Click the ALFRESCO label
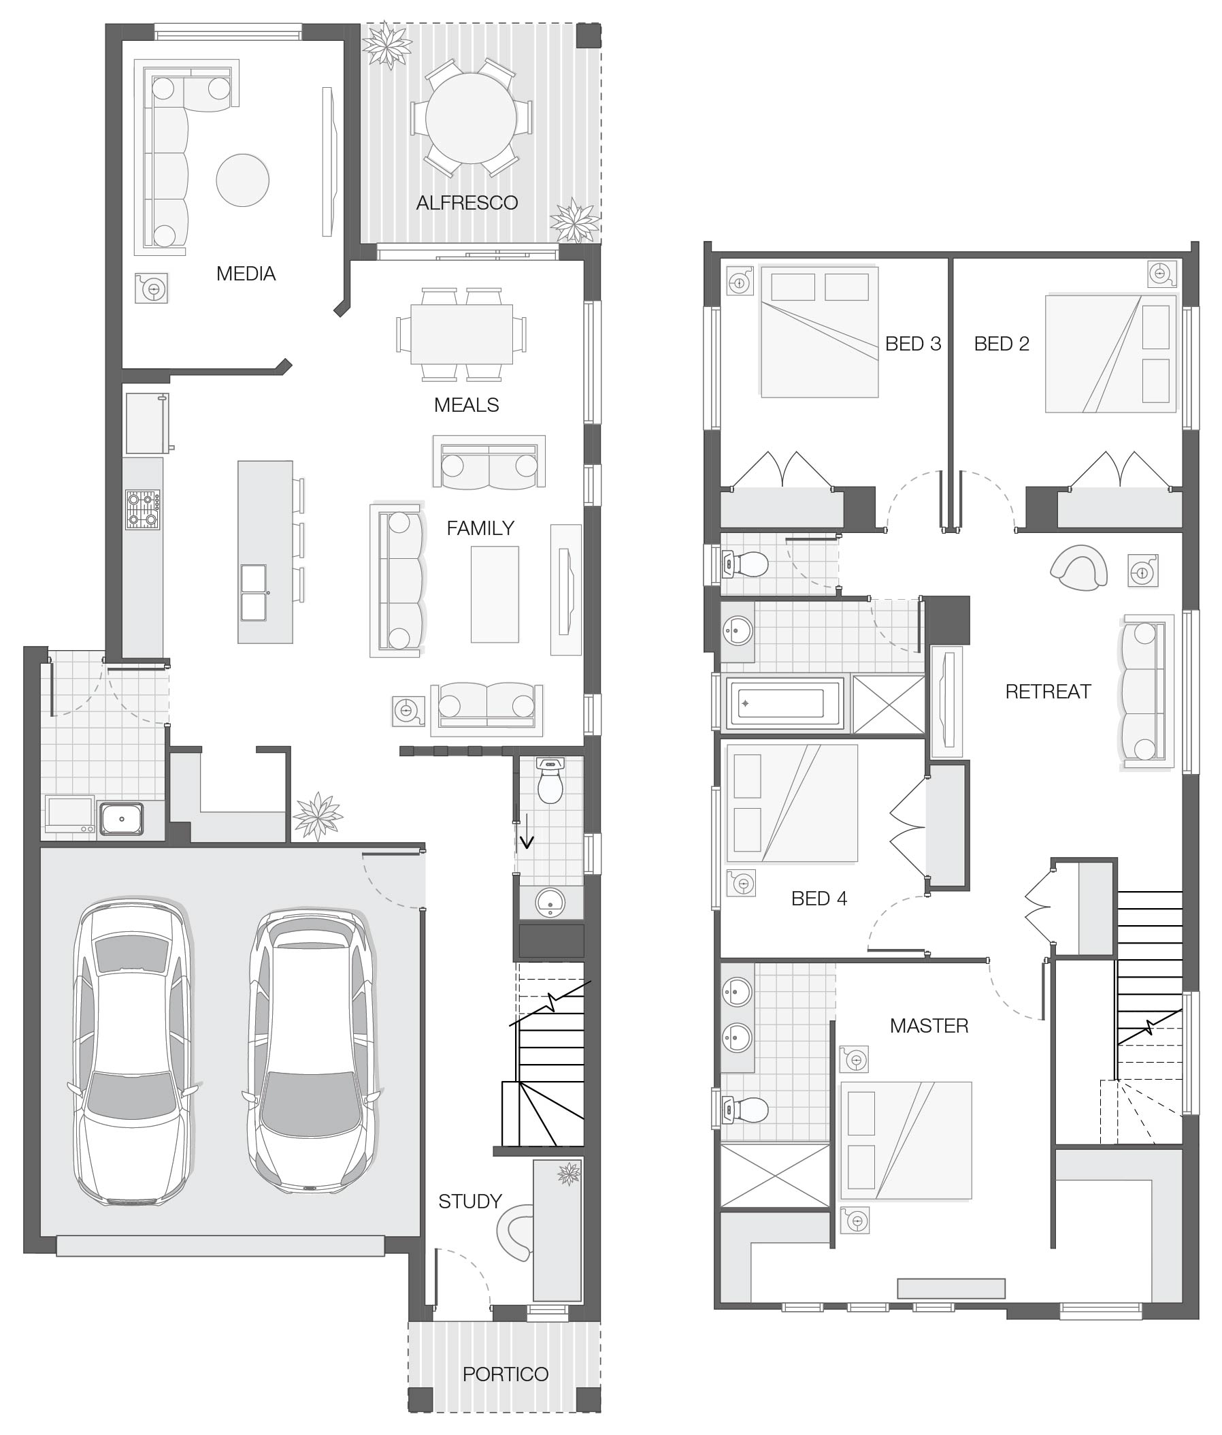click(467, 203)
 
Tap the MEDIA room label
click(246, 274)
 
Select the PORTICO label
click(506, 1374)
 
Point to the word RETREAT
click(1048, 691)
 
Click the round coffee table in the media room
click(242, 180)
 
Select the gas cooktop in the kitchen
click(143, 509)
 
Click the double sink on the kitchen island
click(252, 592)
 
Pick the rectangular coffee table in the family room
click(495, 594)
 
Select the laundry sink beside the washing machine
click(121, 819)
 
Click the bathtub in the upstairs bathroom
click(783, 704)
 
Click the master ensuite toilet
click(744, 1109)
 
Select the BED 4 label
click(819, 899)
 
